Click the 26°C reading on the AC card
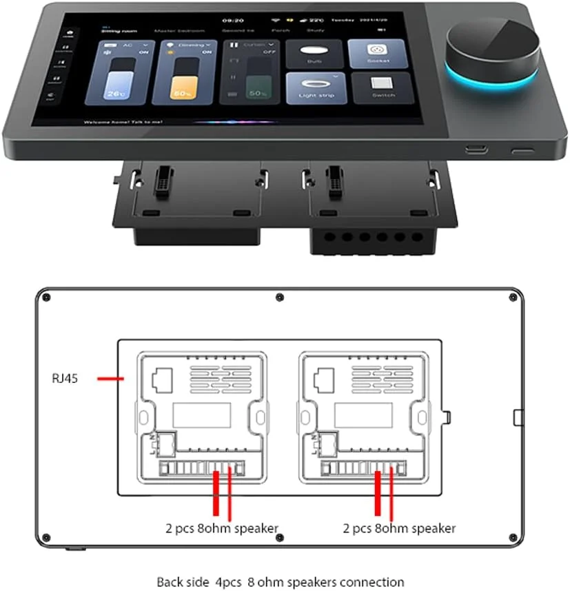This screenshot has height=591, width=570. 114,92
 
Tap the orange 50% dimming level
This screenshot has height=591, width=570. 182,92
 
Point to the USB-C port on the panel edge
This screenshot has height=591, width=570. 474,149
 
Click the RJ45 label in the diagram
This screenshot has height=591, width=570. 65,378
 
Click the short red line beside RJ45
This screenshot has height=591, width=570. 110,378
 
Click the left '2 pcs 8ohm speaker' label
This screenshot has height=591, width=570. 222,528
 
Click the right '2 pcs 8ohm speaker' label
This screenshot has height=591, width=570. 399,528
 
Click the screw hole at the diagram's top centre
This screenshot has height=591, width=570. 279,297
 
